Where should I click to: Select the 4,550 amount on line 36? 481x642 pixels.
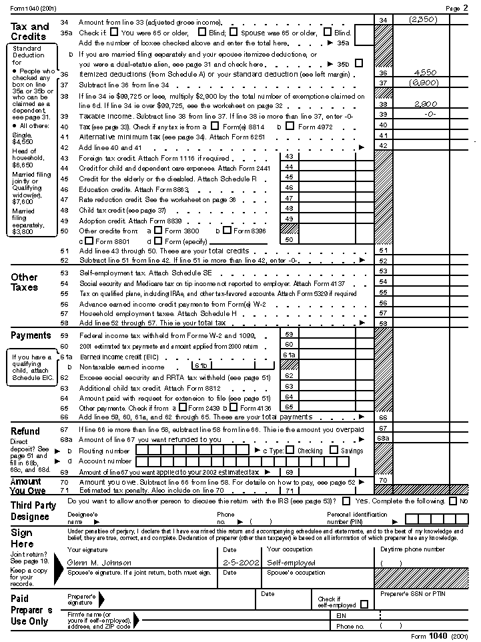click(424, 72)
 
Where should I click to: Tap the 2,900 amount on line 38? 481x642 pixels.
click(424, 104)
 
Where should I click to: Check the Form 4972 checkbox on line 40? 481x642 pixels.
click(293, 125)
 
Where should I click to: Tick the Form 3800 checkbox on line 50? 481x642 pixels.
click(158, 229)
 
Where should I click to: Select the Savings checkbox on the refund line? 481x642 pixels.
click(334, 450)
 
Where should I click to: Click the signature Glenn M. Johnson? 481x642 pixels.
click(99, 563)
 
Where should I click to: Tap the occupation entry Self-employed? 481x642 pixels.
click(291, 563)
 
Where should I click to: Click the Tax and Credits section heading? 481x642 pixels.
click(30, 31)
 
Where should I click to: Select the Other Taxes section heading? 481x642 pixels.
click(24, 282)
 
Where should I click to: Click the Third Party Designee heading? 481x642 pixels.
click(33, 511)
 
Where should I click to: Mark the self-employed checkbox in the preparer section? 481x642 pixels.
click(364, 605)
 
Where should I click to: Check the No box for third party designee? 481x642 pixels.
click(454, 501)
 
